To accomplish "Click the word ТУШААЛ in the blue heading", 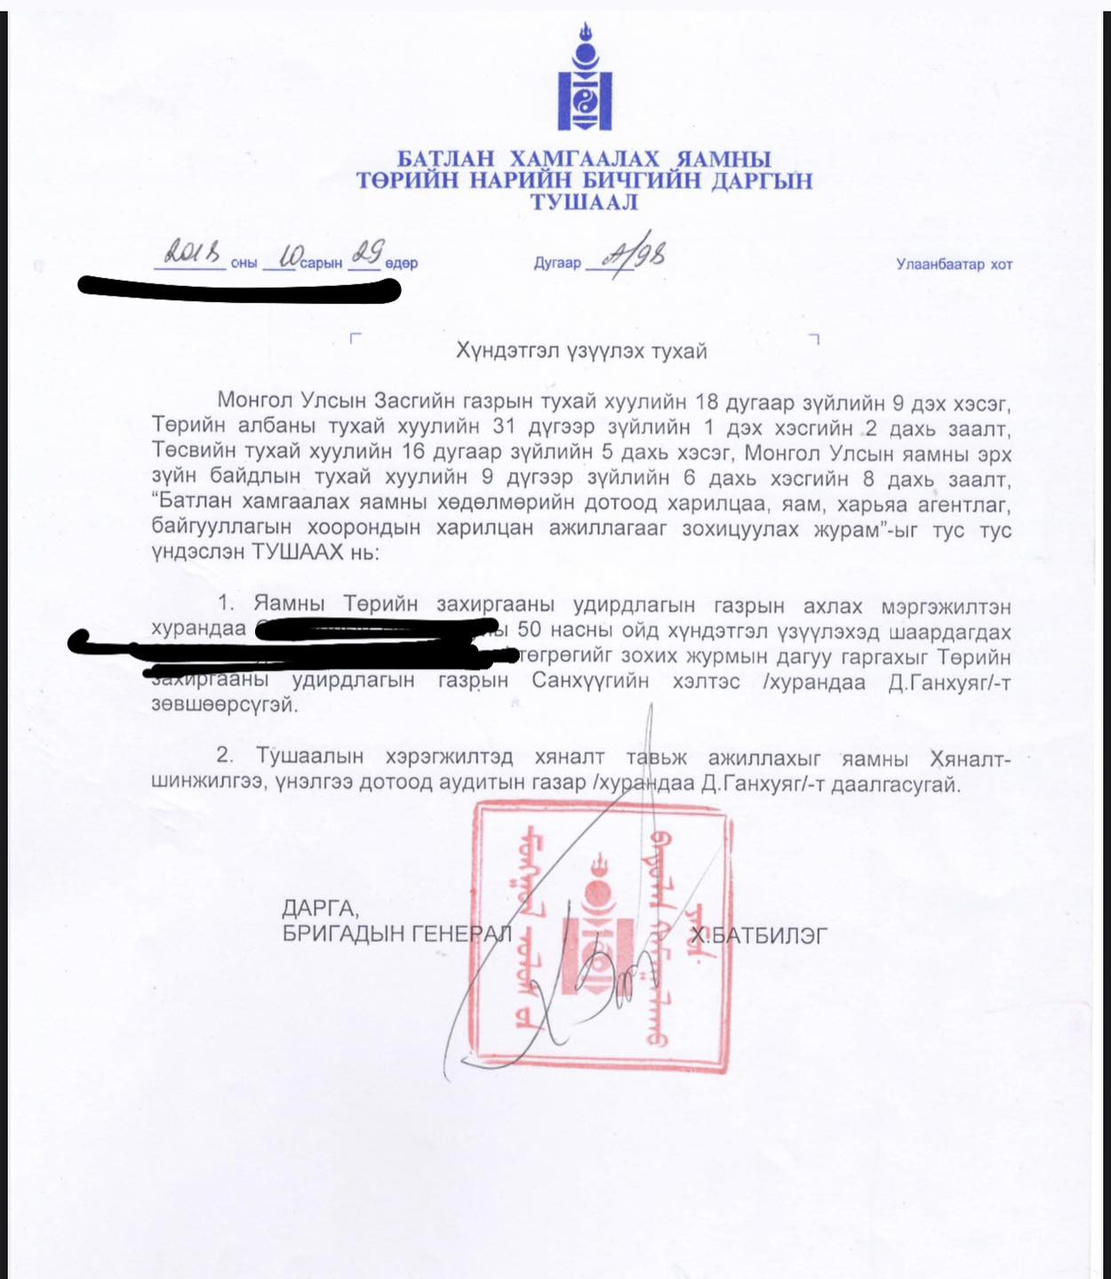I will pyautogui.click(x=584, y=203).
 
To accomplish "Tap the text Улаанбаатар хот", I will pyautogui.click(x=954, y=264).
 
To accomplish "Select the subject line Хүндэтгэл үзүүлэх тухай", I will pyautogui.click(x=581, y=351).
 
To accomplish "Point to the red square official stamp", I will pyautogui.click(x=601, y=937).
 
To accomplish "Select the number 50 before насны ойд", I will pyautogui.click(x=529, y=632).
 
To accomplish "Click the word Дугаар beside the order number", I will pyautogui.click(x=557, y=263).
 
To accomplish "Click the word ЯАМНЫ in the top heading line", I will pyautogui.click(x=723, y=159).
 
